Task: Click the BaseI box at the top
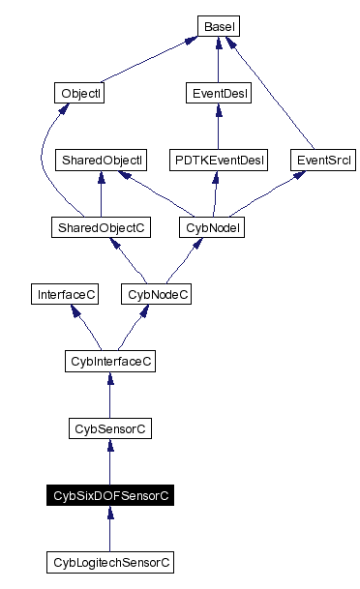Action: (219, 26)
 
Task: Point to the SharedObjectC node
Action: (102, 227)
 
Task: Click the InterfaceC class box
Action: (66, 294)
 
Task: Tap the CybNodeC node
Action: (155, 294)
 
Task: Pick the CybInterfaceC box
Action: (109, 361)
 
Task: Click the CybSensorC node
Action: (109, 427)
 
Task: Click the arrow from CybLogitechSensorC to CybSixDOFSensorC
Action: (109, 528)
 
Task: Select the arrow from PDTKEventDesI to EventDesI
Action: (218, 127)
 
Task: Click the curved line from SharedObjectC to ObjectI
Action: (43, 164)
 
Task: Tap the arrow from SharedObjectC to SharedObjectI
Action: (102, 193)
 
